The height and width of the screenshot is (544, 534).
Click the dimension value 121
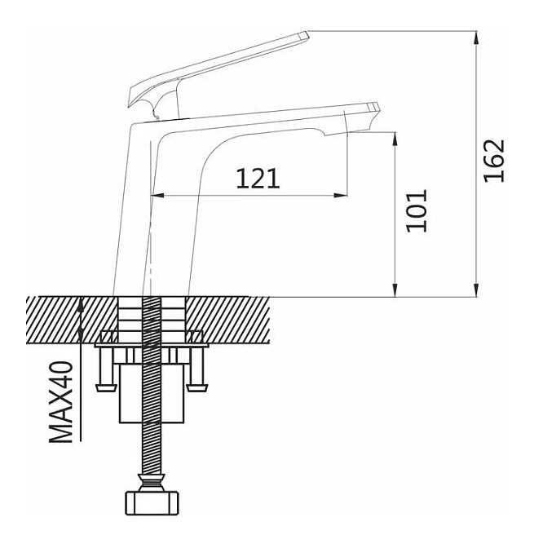click(x=258, y=178)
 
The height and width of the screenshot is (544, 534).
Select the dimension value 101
click(x=417, y=210)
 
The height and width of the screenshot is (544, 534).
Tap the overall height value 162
click(x=495, y=161)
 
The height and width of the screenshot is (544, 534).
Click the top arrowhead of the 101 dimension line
click(x=395, y=137)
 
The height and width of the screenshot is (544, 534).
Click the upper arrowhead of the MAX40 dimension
click(x=80, y=303)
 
